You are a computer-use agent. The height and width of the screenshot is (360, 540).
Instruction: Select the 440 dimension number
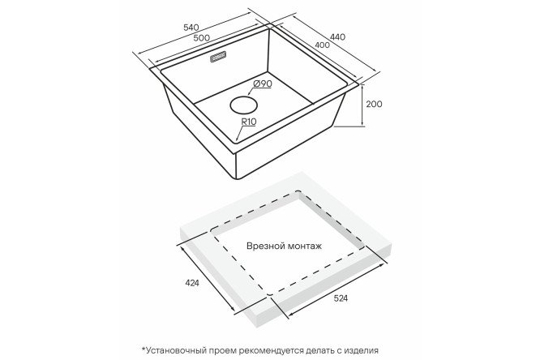(x=337, y=36)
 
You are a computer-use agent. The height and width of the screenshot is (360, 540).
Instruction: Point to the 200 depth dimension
(x=374, y=104)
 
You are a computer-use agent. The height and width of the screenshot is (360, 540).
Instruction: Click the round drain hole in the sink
(x=242, y=105)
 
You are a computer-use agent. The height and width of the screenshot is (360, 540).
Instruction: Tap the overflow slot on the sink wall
(x=219, y=58)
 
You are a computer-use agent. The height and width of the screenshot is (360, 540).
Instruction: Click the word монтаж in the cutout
(x=303, y=245)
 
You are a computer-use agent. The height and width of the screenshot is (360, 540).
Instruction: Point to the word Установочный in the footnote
(x=183, y=349)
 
